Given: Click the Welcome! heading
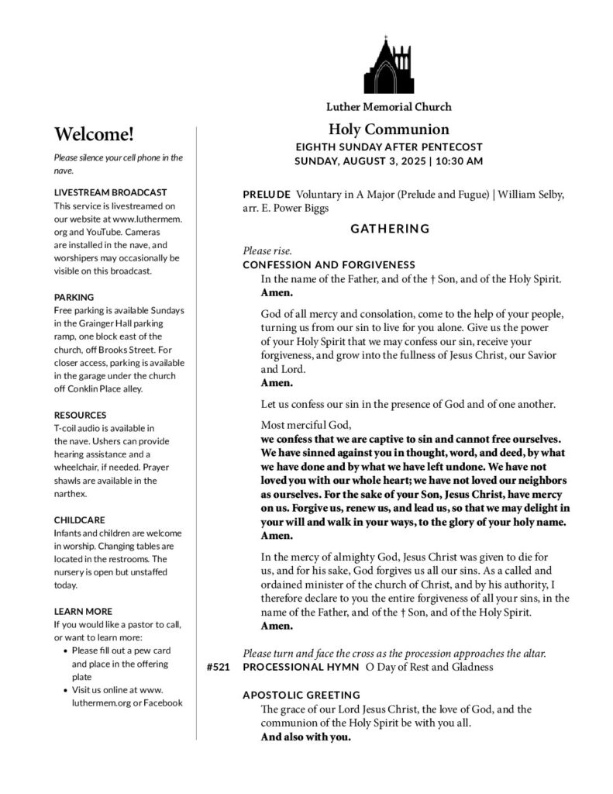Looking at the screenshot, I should click(x=95, y=133).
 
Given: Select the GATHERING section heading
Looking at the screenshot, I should click(x=389, y=229).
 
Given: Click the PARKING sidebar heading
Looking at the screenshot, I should click(x=74, y=297).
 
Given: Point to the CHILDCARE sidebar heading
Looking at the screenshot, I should click(x=80, y=520).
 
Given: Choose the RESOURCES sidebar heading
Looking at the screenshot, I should click(x=81, y=415).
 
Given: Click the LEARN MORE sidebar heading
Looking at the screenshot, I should click(x=83, y=611).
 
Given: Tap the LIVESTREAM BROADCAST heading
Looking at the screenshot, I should click(x=111, y=192).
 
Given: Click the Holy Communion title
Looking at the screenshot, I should click(x=388, y=129).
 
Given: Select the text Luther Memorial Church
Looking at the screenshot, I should click(x=388, y=107).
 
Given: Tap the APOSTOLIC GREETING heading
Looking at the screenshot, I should click(x=301, y=695).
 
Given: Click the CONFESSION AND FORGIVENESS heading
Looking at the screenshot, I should click(x=329, y=264).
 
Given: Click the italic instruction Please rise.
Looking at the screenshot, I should click(x=267, y=251).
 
